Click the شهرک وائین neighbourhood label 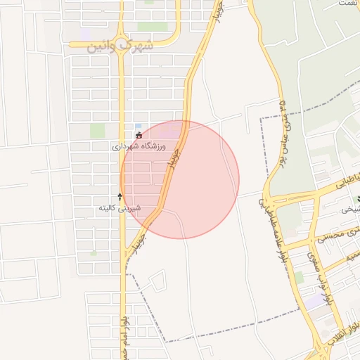(x=120, y=48)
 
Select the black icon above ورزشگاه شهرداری (x=139, y=135)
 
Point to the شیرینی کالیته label (x=120, y=208)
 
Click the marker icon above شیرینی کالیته (x=120, y=198)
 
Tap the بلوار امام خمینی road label (x=127, y=330)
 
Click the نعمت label (x=347, y=4)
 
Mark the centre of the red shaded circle (x=180, y=179)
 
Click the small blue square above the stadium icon (x=138, y=126)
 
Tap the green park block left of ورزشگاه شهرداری (x=97, y=131)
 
